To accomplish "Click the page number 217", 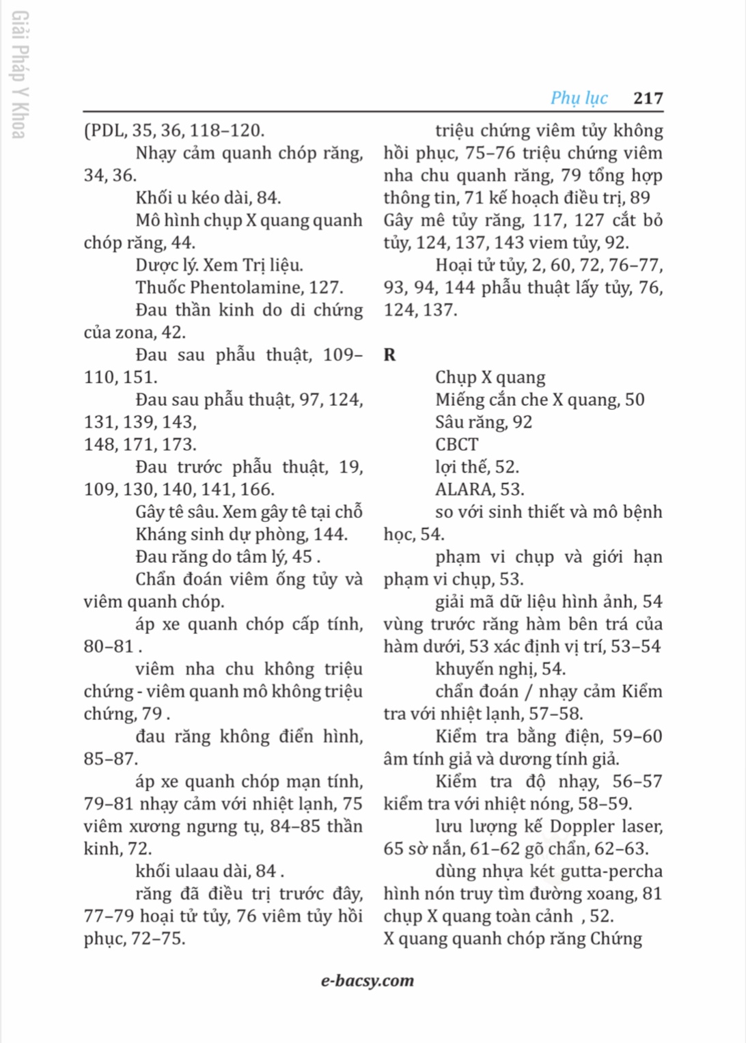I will point(648,98).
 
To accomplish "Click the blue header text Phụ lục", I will point(579,98).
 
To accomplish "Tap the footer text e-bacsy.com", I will point(368,981).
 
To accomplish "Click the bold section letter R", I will point(389,354).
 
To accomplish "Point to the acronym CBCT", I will point(456,445).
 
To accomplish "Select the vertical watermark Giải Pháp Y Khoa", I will point(19,74).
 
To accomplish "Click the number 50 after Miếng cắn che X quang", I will point(634,400).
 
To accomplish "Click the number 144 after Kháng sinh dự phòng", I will point(331,535).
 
